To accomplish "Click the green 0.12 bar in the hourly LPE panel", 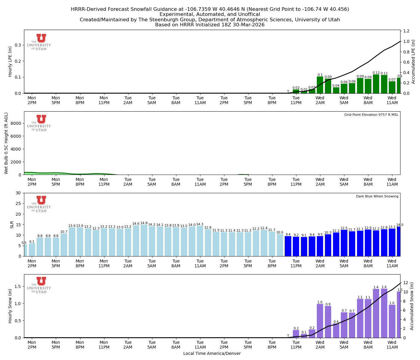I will coord(376,84).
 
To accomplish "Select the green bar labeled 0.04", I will coord(336,90).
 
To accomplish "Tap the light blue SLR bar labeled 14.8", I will coord(144,240).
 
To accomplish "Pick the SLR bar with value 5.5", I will coord(25,250).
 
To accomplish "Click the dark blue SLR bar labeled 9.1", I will coord(304,247).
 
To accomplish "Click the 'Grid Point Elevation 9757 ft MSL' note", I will coord(371,115).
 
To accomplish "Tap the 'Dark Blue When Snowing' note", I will coord(377,196).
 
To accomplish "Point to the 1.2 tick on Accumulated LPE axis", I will coord(406,31).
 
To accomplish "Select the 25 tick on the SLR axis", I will coord(19,203).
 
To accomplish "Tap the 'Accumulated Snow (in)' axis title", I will coord(412,306).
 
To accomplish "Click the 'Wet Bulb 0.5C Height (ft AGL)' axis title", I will coord(6,143).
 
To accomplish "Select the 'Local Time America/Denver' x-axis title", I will coord(212,353).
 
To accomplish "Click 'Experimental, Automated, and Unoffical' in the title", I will coord(210,14).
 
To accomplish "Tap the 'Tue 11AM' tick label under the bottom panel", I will coord(200,345).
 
